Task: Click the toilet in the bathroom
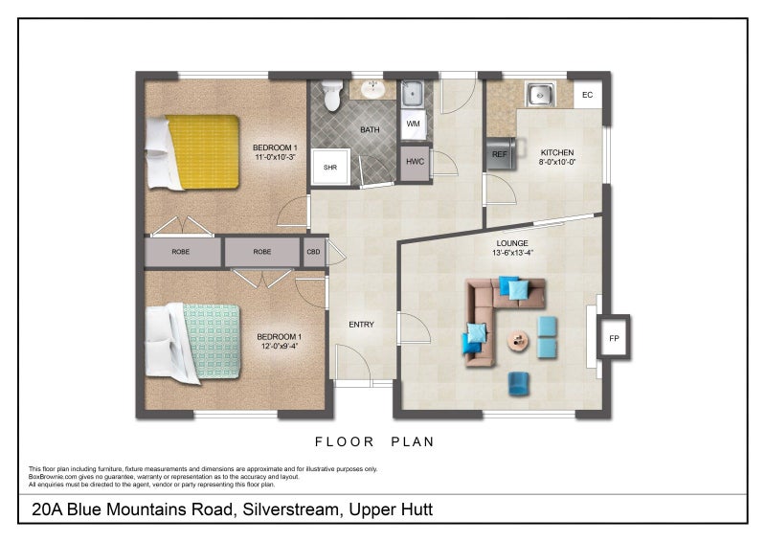point(332,95)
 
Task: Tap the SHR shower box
point(330,168)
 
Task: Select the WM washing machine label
point(414,124)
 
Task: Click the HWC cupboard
point(415,162)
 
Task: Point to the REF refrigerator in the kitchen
point(501,154)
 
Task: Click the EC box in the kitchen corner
point(587,95)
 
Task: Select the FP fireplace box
point(614,338)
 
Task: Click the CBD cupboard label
point(314,252)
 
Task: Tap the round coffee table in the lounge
point(518,340)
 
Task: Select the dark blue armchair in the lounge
point(518,384)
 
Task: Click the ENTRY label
point(362,325)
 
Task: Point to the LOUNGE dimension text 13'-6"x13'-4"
point(512,253)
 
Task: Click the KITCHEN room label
point(557,152)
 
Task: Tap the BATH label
point(370,129)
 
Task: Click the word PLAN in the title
point(413,441)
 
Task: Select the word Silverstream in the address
point(291,509)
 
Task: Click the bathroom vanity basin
point(373,89)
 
